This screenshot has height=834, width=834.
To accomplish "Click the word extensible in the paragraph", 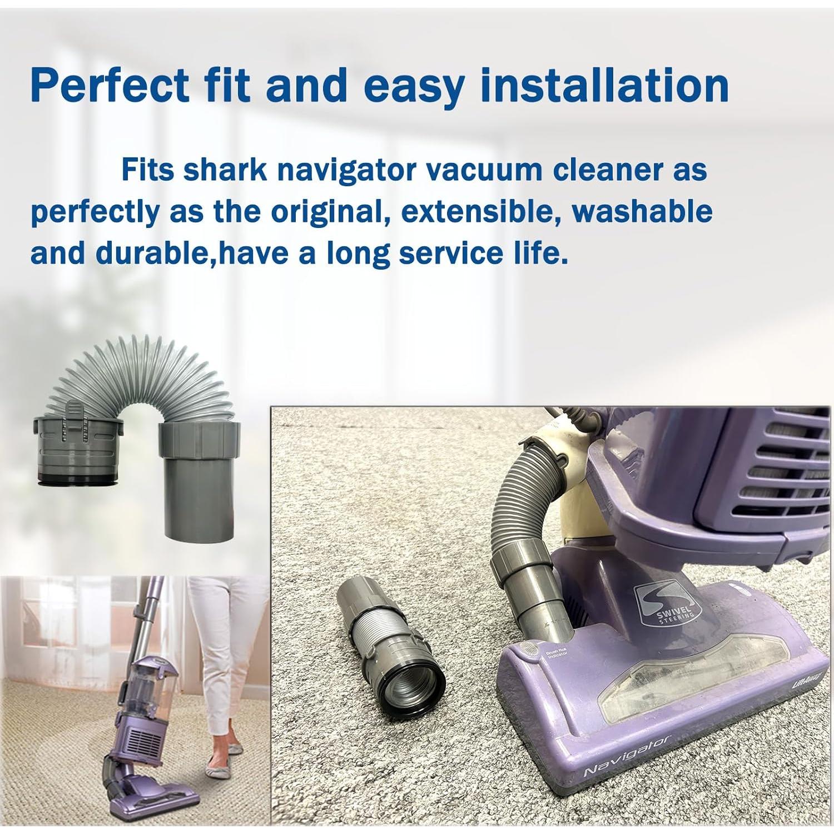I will click(479, 211).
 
